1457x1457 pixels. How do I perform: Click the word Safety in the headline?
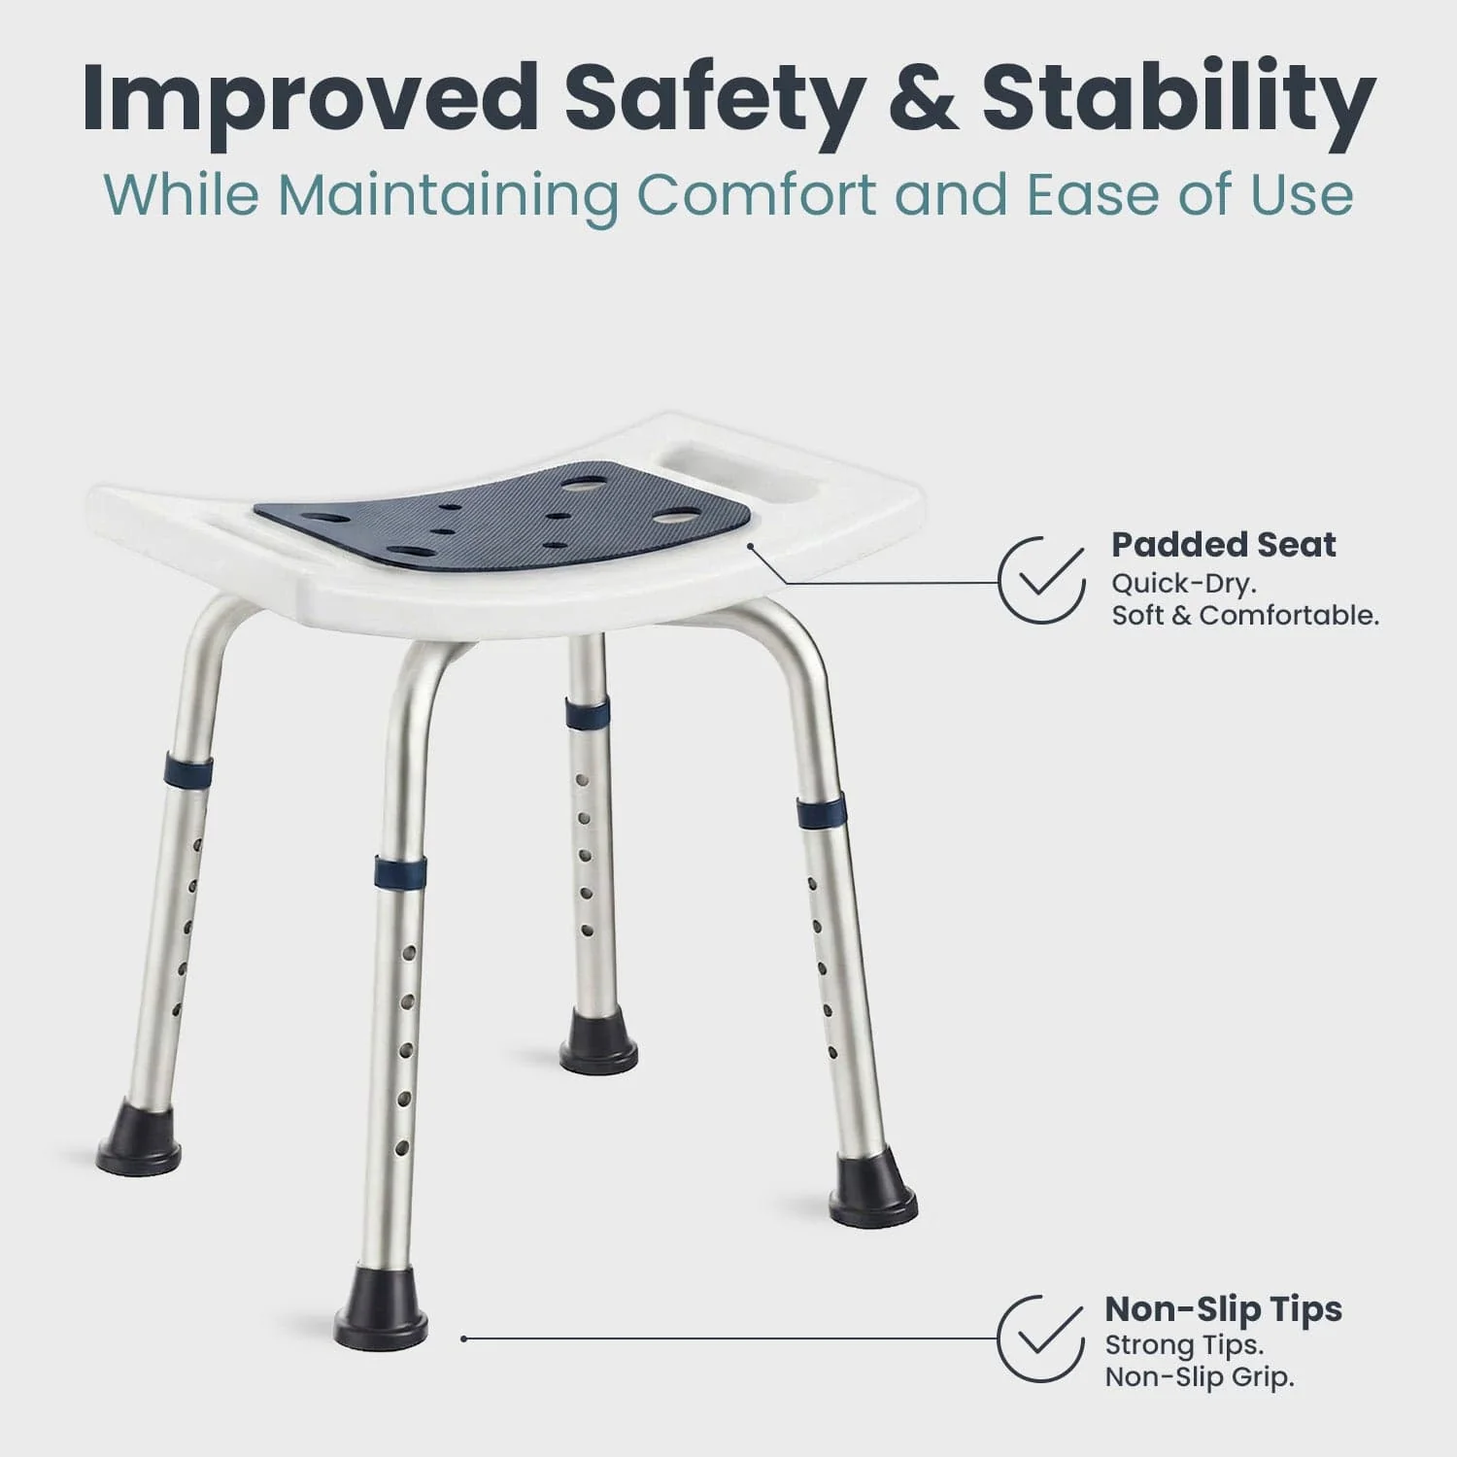(x=714, y=99)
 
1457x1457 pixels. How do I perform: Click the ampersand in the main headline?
(x=924, y=99)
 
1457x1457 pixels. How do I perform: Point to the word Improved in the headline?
(x=310, y=99)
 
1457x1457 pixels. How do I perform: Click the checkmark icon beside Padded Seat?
(x=1042, y=580)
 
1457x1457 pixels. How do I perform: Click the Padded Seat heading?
(x=1223, y=545)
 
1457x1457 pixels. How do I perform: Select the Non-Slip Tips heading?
(x=1223, y=1309)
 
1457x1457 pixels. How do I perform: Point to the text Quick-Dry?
(x=1184, y=584)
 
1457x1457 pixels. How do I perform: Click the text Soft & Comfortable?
(x=1244, y=615)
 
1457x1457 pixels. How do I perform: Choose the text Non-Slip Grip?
(x=1199, y=1376)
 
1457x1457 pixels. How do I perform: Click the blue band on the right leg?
(x=821, y=810)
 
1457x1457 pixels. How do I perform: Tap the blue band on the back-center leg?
(x=587, y=714)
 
